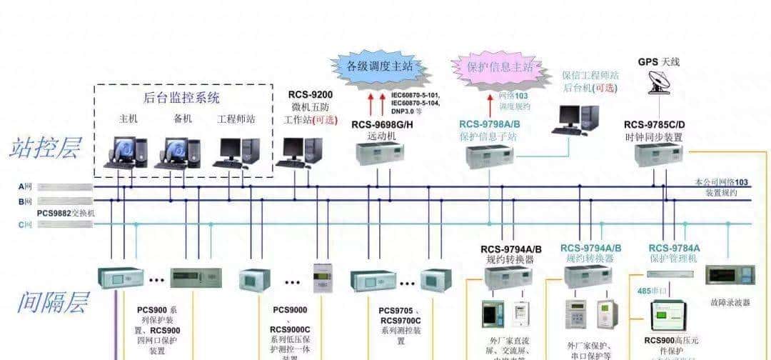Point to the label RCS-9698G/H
(382, 124)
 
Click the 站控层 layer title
(45, 148)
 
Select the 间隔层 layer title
(52, 303)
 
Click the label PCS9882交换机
(66, 213)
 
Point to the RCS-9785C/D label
(655, 124)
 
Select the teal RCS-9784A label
(675, 247)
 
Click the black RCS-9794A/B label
(511, 249)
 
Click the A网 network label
(26, 186)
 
